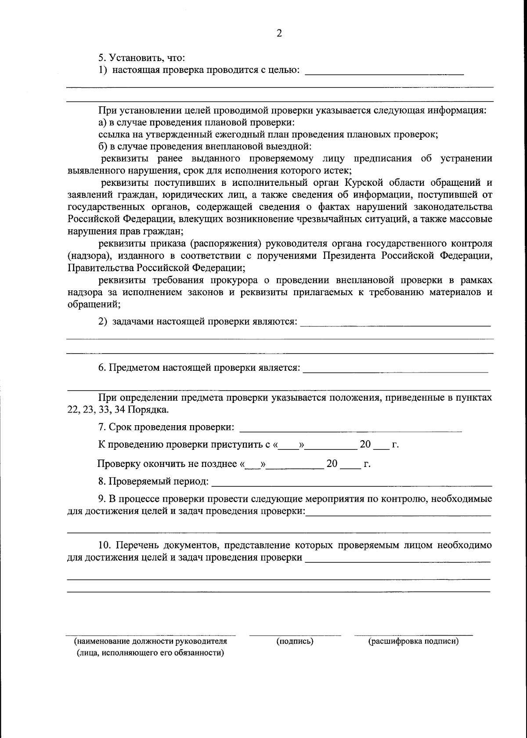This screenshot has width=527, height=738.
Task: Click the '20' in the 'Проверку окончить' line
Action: [x=332, y=464]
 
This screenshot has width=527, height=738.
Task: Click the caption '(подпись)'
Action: [x=295, y=641]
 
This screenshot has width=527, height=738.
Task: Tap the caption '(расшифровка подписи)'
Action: [x=413, y=641]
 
